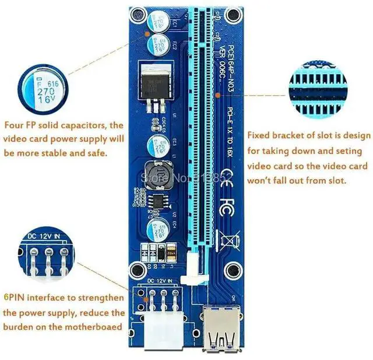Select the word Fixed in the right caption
[x=259, y=136]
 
